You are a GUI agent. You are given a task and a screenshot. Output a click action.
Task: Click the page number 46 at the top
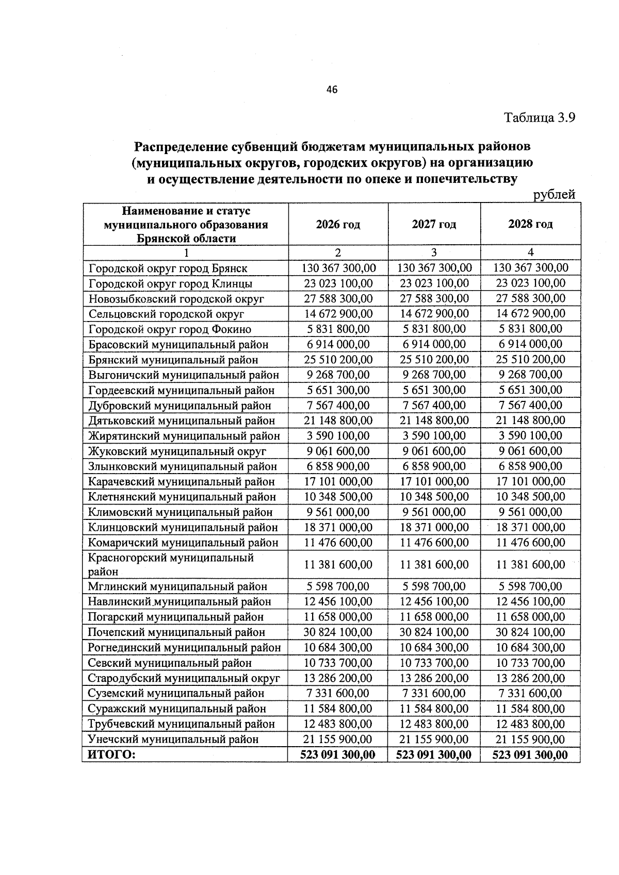click(332, 90)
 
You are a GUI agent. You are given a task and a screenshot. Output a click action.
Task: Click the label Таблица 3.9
click(539, 118)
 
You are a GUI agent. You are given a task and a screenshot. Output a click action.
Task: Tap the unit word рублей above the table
click(554, 195)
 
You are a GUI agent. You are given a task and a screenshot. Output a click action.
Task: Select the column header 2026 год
click(338, 224)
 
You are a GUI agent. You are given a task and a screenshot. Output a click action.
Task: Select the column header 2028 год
click(530, 224)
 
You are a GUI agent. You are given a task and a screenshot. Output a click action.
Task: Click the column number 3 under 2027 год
click(433, 253)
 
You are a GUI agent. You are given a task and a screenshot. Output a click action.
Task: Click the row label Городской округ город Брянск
click(168, 268)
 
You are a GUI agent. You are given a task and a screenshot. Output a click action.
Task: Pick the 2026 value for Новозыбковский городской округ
click(338, 298)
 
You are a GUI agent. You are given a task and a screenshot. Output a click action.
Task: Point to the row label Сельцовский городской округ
click(166, 314)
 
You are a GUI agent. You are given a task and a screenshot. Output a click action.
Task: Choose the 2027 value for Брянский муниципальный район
click(434, 359)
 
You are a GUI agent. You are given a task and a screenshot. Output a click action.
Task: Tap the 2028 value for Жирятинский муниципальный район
click(530, 436)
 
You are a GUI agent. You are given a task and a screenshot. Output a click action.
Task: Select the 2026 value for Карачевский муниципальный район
click(338, 482)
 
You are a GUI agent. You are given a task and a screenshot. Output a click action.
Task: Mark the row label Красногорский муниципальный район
click(171, 564)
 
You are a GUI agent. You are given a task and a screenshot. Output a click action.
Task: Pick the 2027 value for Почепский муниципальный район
click(434, 632)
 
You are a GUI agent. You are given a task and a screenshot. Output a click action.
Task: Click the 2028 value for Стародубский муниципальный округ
click(530, 678)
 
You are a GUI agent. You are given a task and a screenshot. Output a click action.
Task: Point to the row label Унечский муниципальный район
click(173, 739)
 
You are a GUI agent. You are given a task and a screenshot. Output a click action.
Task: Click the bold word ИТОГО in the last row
click(111, 755)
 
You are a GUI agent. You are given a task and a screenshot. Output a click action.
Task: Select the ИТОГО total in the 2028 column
click(530, 755)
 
